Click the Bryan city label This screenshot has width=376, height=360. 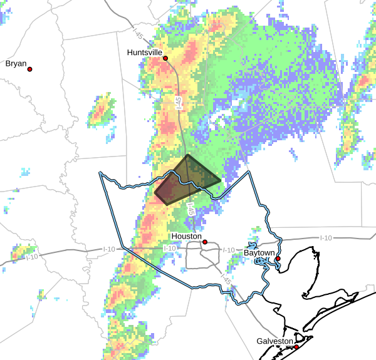[x=16, y=63]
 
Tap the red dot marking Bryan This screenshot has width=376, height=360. [x=29, y=69]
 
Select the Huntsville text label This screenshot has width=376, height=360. [x=144, y=53]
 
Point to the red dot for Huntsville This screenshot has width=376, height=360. [x=166, y=58]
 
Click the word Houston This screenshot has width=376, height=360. [x=187, y=237]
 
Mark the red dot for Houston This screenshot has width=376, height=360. [x=205, y=241]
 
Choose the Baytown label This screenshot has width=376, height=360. [x=259, y=252]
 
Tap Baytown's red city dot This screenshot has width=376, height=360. [x=278, y=258]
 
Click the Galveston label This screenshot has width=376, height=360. [x=274, y=341]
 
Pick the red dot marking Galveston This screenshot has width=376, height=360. [x=296, y=346]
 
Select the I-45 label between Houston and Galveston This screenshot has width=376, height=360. [x=224, y=282]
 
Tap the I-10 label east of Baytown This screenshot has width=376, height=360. [x=326, y=237]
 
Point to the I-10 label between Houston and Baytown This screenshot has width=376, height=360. [x=229, y=250]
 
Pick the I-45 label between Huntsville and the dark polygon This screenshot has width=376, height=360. [x=179, y=103]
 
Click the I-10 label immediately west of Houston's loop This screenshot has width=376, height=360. [x=169, y=249]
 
